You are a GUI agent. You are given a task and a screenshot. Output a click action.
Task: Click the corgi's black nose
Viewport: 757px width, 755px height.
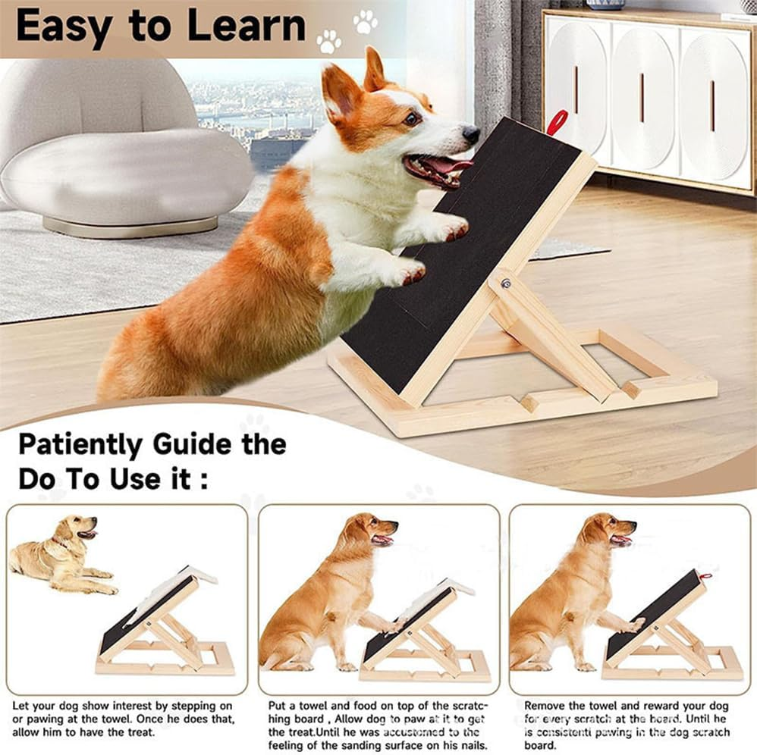coord(471,134)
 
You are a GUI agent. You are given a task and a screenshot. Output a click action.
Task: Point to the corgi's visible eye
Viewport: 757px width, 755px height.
coord(411,118)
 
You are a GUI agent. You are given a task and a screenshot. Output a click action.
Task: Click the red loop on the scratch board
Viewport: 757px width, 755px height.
coord(558,121)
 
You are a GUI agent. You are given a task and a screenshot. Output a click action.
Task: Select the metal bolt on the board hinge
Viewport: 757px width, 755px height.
coord(505,284)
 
